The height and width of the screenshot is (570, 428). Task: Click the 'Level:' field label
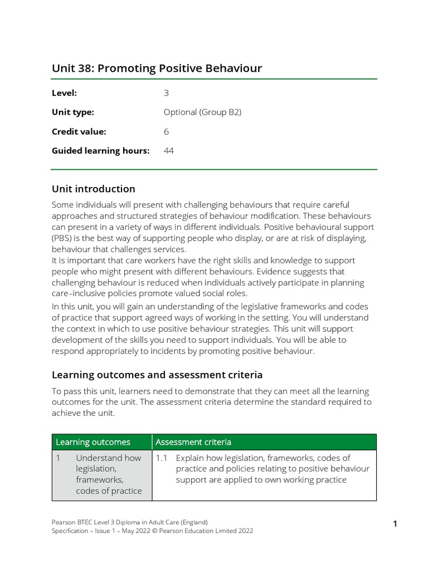(64, 93)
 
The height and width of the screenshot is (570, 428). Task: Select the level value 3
(166, 93)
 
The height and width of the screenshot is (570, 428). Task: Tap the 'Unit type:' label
(73, 112)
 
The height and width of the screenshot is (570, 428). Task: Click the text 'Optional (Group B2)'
(202, 112)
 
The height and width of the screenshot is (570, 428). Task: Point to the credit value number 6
(166, 131)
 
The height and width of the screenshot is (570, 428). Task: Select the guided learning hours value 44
(168, 150)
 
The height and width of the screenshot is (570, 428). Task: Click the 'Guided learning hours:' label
(101, 150)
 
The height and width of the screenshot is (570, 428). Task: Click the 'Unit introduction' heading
(93, 189)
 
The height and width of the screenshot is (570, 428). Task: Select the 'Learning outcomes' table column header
(93, 442)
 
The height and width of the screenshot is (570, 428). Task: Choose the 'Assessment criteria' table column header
(193, 442)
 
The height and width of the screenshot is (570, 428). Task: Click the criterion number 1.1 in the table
(162, 458)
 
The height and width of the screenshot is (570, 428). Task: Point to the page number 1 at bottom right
(395, 523)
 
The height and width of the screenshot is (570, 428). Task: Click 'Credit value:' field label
(79, 131)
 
